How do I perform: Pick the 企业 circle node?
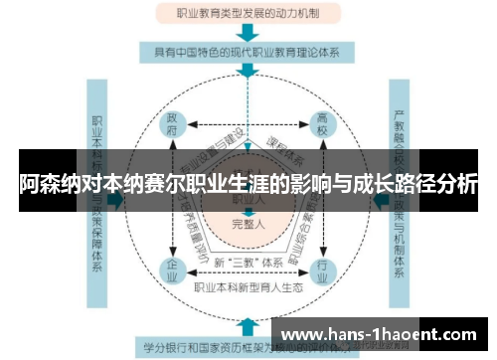pos(174,270)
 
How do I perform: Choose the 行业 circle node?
pos(321,270)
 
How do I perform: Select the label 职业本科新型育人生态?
pos(248,287)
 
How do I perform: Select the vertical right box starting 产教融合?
pos(401,199)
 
